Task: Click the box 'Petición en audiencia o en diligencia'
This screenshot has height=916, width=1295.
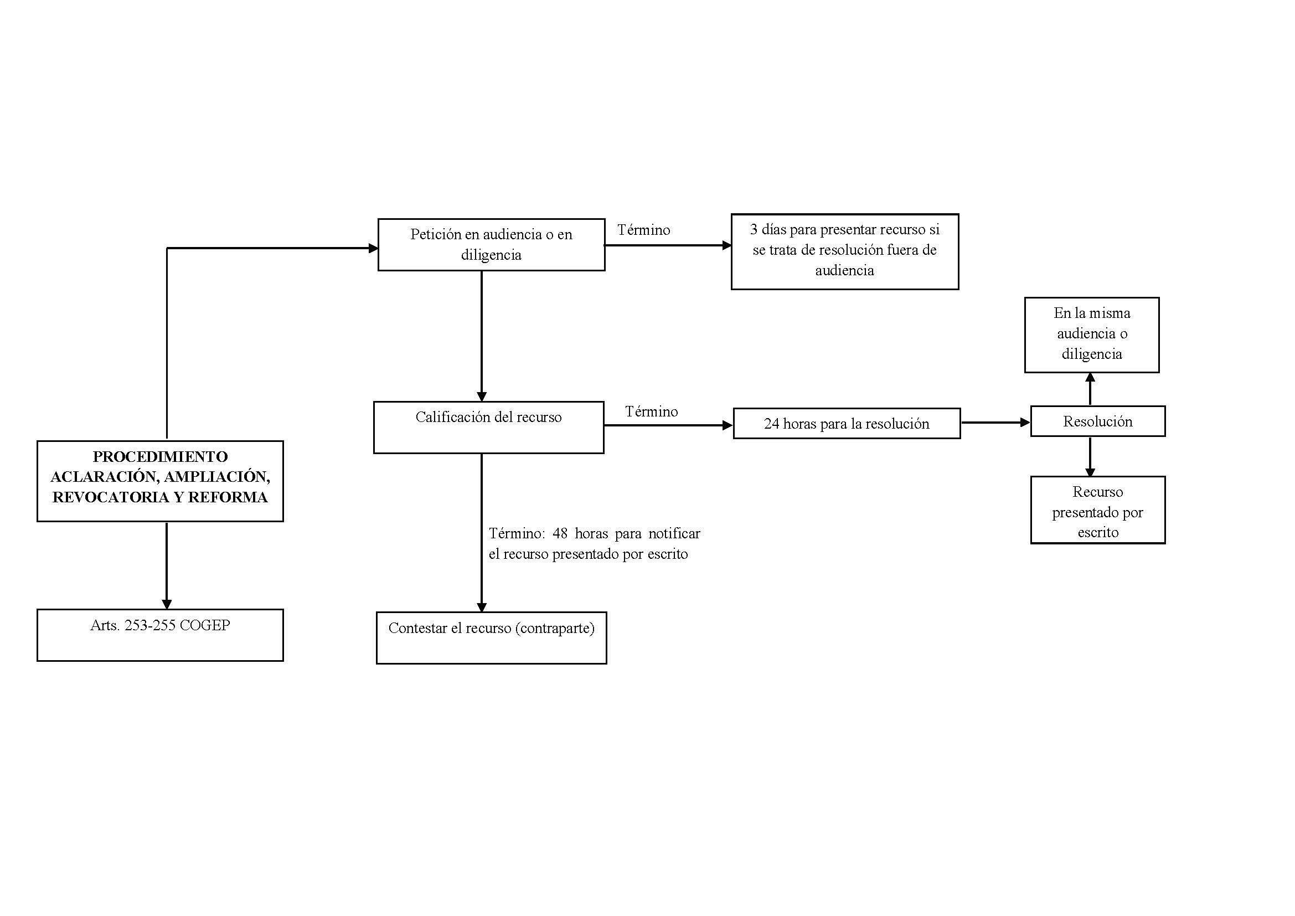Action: (491, 245)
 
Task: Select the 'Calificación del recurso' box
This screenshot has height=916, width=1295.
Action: (488, 428)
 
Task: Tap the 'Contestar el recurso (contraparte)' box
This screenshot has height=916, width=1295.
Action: (491, 638)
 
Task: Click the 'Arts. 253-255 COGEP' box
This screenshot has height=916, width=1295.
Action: (160, 635)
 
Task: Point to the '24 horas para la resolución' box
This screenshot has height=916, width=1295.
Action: (847, 424)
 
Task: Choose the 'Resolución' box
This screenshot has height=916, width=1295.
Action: (1097, 421)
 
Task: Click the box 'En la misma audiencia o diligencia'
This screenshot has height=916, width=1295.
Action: (1092, 335)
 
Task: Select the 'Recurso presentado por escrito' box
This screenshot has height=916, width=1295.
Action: (1097, 511)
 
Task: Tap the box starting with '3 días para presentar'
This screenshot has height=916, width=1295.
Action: (845, 251)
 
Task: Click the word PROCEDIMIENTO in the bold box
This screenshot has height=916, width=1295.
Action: (160, 456)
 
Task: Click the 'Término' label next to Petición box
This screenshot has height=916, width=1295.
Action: (643, 230)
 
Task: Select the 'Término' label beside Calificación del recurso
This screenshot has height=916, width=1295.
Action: (652, 411)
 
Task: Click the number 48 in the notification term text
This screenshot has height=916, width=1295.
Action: (560, 533)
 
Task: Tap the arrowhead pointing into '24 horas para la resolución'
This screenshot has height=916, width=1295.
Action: (728, 425)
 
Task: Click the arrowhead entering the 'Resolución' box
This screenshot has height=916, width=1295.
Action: (1025, 422)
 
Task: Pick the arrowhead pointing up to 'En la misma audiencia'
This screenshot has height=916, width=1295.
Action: (1090, 378)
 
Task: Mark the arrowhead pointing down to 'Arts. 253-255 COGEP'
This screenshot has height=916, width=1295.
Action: (167, 604)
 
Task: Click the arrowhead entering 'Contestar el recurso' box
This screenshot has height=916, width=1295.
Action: (482, 607)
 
